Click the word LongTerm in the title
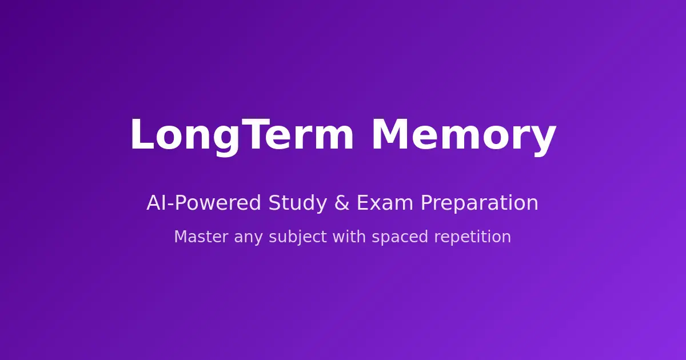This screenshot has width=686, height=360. (x=242, y=135)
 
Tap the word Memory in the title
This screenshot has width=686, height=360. (x=464, y=135)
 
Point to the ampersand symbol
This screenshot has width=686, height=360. (x=342, y=203)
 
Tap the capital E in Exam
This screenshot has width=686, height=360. (x=362, y=203)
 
